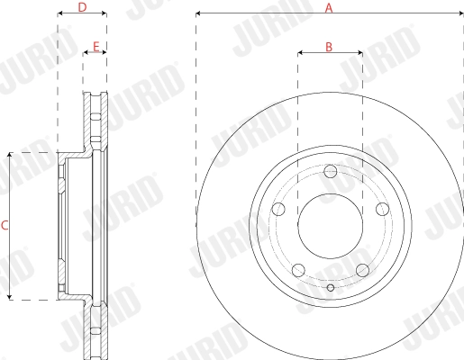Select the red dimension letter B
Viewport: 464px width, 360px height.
[330, 45]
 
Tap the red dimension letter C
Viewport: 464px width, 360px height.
[5, 225]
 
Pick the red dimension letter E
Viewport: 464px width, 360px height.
[96, 45]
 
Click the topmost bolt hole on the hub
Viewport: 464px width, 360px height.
[331, 171]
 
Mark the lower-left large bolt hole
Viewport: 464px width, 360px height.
[299, 269]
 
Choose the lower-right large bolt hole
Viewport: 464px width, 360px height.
[361, 269]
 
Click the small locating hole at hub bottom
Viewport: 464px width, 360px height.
[331, 287]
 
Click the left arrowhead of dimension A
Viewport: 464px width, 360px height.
[199, 14]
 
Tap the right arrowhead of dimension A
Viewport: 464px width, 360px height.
[460, 14]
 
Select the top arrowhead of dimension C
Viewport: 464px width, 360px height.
[10, 157]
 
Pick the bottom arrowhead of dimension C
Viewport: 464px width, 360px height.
[10, 296]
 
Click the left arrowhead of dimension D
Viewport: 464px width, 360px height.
[60, 14]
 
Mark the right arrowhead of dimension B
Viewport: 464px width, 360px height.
[359, 52]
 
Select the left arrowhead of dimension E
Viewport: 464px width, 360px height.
[86, 52]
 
